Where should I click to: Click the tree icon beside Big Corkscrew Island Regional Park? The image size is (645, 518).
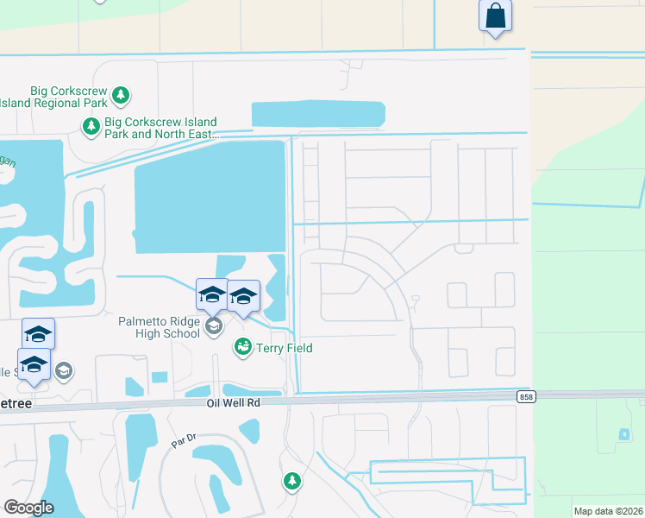coord(122,94)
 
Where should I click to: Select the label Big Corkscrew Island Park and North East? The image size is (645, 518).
coord(160,128)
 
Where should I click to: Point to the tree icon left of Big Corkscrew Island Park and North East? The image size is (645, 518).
coord(91,128)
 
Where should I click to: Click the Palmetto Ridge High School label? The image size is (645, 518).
coord(159,328)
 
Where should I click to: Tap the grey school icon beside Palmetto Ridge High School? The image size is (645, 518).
coord(214,327)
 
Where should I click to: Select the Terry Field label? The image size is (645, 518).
coord(285,348)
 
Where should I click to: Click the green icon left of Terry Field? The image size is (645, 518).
coord(242,347)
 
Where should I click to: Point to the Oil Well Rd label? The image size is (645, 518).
coord(233,403)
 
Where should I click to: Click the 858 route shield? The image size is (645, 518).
coord(526,396)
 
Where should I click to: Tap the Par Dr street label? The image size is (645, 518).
coord(184,441)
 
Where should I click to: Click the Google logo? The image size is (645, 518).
coord(28,508)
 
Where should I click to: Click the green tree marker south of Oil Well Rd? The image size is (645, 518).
coord(292,480)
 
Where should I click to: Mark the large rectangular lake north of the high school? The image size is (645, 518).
coord(210,197)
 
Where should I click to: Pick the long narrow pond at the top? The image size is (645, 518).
coord(318,114)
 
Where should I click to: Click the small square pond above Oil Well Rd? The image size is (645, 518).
coord(160,377)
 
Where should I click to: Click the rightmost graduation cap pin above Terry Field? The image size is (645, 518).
coord(243,296)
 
